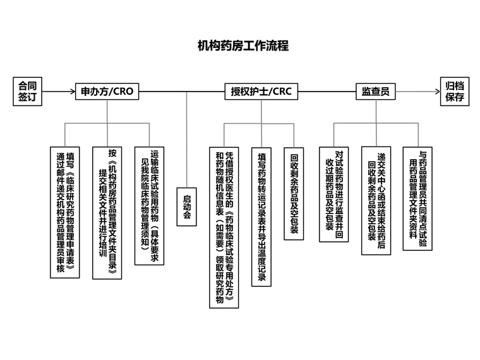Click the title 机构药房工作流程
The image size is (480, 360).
point(243,46)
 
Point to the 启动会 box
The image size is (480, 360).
point(187,207)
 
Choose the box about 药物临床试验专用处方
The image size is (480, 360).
point(225,227)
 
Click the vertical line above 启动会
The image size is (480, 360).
point(187,139)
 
